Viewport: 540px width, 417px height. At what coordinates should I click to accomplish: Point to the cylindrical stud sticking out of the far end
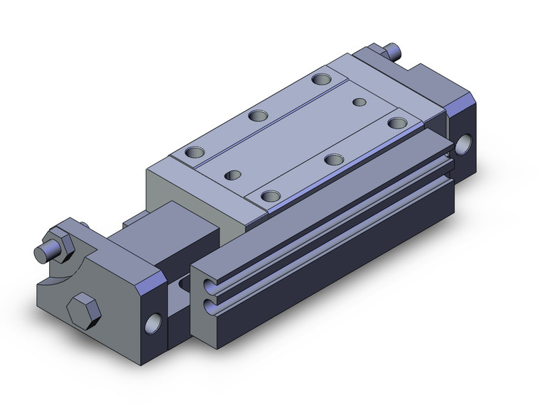click(393, 50)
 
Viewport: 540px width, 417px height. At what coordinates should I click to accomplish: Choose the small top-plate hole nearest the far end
click(360, 102)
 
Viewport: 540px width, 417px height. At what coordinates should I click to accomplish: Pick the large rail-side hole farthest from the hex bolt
click(396, 122)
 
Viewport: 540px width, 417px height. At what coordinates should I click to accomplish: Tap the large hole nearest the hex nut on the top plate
click(193, 152)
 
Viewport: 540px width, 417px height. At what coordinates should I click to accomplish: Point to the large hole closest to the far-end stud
click(320, 78)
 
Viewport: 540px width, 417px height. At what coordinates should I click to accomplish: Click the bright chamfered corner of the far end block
click(462, 107)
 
